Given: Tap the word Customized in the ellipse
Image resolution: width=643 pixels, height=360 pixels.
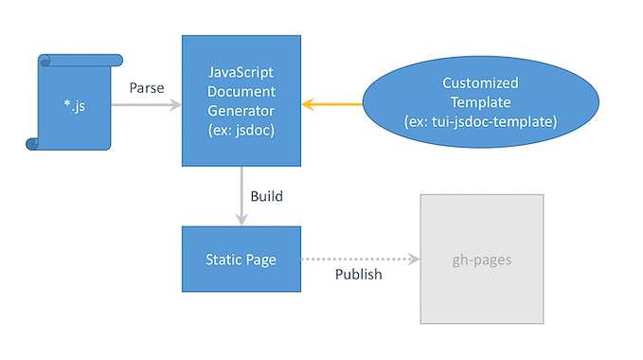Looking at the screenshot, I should (481, 83).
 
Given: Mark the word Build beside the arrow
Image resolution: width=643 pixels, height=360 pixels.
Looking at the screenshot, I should (266, 197).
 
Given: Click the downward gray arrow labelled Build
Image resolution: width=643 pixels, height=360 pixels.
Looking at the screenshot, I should (241, 195).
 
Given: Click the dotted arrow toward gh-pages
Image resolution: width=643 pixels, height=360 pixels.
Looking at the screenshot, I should (360, 258).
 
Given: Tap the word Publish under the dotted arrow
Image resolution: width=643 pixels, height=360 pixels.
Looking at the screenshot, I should (359, 275).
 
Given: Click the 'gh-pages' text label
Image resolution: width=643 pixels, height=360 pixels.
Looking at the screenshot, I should (482, 258).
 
